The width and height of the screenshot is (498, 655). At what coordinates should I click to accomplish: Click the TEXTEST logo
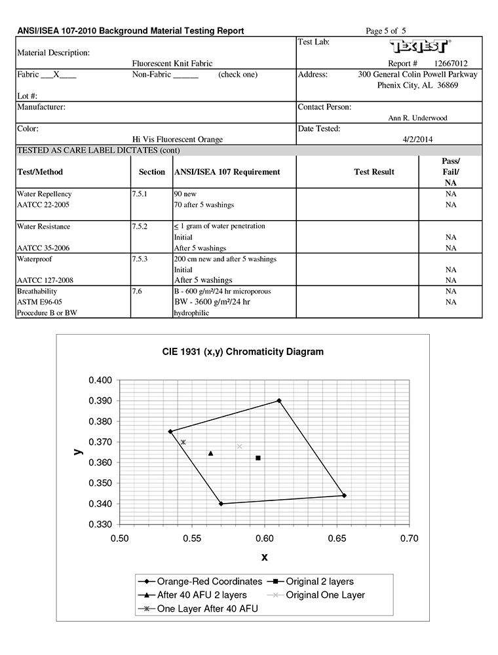[419, 46]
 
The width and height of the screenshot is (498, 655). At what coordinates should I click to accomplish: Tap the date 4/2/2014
[417, 139]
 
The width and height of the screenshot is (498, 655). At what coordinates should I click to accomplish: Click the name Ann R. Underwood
[418, 118]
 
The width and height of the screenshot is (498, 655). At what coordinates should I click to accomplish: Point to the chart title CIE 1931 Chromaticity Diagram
[242, 352]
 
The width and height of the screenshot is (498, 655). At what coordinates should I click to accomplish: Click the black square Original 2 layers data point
[258, 458]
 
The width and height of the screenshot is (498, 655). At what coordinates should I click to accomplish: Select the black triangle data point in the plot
[210, 453]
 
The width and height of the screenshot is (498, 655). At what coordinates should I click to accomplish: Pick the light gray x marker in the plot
[240, 447]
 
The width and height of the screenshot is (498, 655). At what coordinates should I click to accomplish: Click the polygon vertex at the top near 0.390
[279, 400]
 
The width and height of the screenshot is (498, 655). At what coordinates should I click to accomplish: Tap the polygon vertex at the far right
[344, 495]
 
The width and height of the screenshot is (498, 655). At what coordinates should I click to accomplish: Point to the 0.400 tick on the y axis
[101, 380]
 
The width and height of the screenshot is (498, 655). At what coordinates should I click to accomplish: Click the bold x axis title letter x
[264, 557]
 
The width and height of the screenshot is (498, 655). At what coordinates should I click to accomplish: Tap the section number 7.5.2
[140, 226]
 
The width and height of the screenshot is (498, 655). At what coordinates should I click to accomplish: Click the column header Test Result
[373, 172]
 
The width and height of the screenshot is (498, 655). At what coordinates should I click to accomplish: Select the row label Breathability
[37, 291]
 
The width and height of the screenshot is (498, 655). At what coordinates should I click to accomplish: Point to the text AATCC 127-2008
[45, 280]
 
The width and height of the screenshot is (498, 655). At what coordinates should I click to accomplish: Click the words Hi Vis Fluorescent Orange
[177, 139]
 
